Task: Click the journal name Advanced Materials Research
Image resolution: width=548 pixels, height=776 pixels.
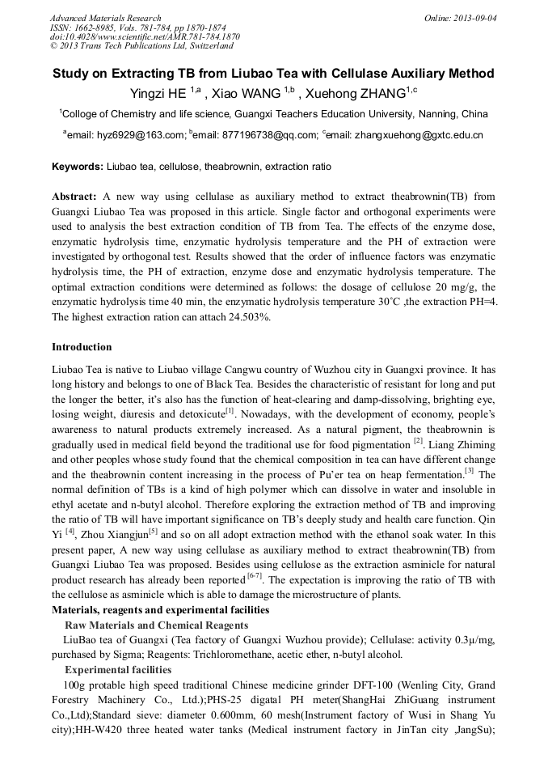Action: (105, 18)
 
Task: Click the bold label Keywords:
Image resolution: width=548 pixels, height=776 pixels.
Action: (78, 167)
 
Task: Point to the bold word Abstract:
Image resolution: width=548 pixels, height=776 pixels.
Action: (74, 197)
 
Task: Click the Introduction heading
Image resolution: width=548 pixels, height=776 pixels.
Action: (82, 347)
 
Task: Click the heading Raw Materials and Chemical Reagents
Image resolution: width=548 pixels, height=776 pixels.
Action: (156, 625)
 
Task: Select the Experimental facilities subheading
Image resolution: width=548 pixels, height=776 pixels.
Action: (118, 670)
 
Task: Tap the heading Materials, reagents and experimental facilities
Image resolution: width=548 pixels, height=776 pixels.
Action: (161, 610)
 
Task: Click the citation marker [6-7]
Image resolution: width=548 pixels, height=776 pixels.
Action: (259, 579)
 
